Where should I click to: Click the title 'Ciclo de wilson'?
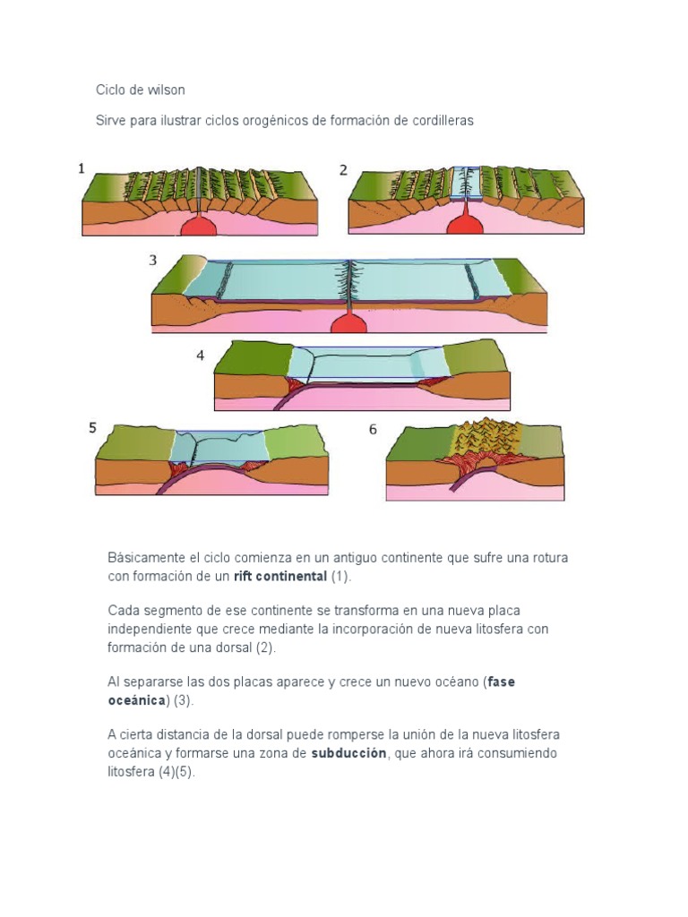click(141, 90)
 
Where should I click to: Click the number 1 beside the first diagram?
click(82, 167)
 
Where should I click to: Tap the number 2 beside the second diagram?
click(343, 169)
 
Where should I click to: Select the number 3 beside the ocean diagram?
click(153, 261)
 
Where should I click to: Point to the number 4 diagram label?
click(201, 356)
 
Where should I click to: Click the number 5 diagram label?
click(92, 428)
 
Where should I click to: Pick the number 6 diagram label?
click(373, 429)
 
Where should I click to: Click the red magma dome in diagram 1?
click(199, 226)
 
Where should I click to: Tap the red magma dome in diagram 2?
click(465, 225)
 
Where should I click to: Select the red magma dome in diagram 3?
click(348, 324)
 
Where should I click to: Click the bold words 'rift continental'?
click(280, 576)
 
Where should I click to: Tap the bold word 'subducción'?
click(348, 753)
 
